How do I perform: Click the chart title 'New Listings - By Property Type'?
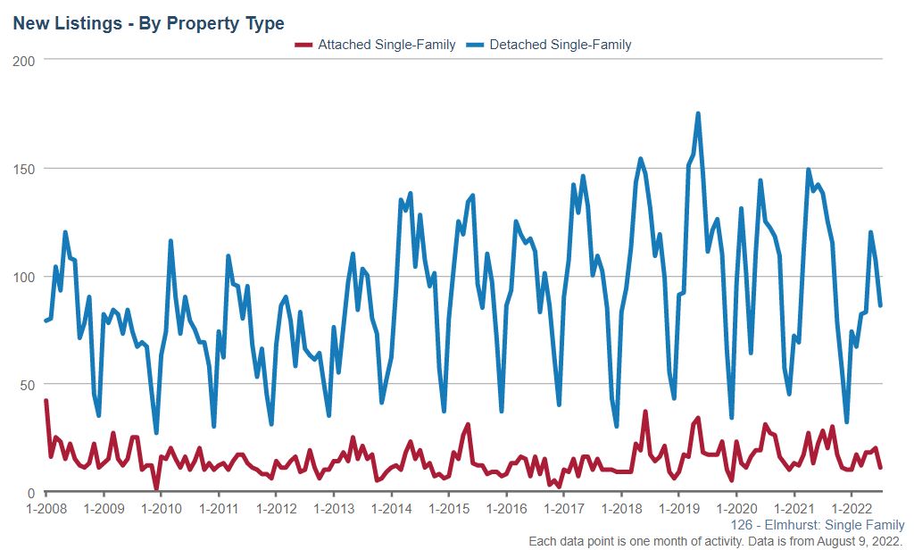pos(148,23)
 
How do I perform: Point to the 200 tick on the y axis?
pos(24,60)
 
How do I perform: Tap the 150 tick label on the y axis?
pos(24,168)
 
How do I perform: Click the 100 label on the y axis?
pos(24,277)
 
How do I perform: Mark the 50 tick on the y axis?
pos(28,385)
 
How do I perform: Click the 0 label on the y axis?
pos(31,493)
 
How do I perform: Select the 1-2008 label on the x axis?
pos(46,510)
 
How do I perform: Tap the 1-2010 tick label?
pos(161,510)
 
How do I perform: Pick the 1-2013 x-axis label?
pos(333,510)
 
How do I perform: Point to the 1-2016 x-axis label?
pos(505,510)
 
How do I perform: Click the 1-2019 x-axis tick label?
pos(677,510)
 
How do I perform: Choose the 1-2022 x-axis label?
pos(850,510)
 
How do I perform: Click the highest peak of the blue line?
pos(697,113)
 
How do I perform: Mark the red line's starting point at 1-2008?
pos(46,401)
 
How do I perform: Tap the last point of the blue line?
pos(881,305)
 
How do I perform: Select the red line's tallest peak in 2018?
pos(644,412)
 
